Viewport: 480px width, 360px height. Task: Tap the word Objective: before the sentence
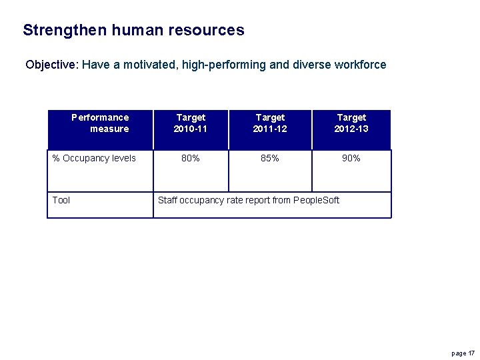point(52,65)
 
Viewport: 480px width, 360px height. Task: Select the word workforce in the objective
point(360,65)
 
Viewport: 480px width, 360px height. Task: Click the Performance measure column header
point(100,123)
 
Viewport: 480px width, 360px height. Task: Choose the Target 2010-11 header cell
point(191,123)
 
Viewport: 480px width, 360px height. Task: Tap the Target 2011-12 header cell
point(270,123)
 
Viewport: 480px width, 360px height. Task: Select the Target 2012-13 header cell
point(351,123)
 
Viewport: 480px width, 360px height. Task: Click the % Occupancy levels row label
point(94,158)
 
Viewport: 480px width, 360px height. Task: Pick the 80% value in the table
point(191,158)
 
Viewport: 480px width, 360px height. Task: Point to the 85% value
point(270,158)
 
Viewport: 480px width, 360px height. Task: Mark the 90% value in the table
point(351,158)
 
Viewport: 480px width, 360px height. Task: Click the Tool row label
point(61,200)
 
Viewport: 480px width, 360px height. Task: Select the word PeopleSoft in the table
point(317,200)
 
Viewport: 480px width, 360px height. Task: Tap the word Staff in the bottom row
point(167,200)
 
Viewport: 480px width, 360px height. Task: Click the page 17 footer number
point(463,353)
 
